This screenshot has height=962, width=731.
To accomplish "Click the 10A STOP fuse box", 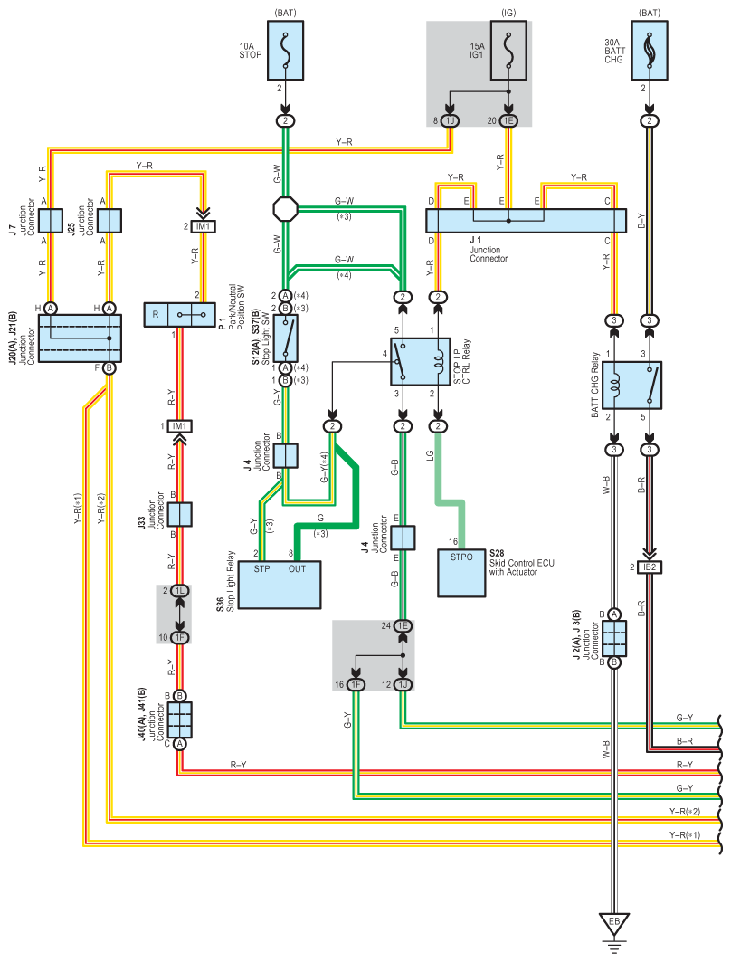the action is [285, 51].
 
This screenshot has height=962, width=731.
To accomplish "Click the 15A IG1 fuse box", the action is [508, 51].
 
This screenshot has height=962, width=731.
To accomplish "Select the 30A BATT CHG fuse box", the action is [650, 51].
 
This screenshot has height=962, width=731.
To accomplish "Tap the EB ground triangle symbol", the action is [614, 923].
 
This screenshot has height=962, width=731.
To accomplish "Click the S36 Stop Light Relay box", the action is [279, 585].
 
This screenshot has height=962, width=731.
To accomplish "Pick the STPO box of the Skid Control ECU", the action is [461, 573].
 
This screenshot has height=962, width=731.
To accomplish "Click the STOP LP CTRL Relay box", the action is [420, 361].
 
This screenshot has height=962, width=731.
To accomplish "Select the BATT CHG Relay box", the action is [631, 386].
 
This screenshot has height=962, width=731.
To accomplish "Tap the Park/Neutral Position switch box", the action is [179, 315].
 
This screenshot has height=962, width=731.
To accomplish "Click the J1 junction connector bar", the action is [527, 221].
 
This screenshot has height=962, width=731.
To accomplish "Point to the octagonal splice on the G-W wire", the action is [285, 208].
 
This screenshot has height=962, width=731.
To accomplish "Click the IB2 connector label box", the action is [650, 567].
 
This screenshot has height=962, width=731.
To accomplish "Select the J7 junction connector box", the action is [51, 221].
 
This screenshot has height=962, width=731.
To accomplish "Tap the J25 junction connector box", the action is [109, 221].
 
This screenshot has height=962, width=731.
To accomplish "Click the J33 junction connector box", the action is [179, 515].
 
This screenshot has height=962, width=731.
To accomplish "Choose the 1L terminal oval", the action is [179, 591].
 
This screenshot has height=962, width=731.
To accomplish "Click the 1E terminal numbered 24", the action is [403, 625].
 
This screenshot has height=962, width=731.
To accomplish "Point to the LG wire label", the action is [431, 455].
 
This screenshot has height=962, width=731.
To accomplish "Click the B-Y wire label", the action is [641, 221].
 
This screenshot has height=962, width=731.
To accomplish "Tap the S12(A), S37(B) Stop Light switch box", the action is [285, 338].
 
